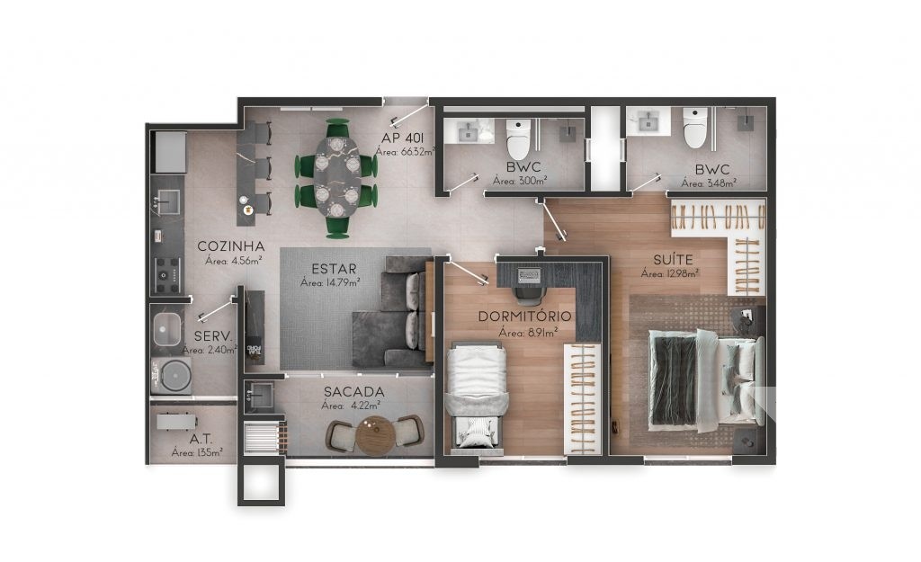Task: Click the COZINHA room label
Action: (231, 246)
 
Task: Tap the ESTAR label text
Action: (334, 269)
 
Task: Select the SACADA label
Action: (354, 392)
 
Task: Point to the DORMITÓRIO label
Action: (524, 317)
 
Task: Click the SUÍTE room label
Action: (673, 259)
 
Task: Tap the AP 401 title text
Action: (403, 138)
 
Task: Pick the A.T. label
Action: (201, 440)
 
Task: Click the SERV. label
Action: (213, 336)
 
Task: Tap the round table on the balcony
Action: (375, 436)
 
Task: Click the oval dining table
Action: (337, 177)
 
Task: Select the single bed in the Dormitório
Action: (476, 396)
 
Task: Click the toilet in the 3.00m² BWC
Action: (518, 139)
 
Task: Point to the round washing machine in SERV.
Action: (172, 375)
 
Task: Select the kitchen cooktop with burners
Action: (168, 274)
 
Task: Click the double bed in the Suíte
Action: (706, 379)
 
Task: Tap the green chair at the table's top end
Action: (338, 128)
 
